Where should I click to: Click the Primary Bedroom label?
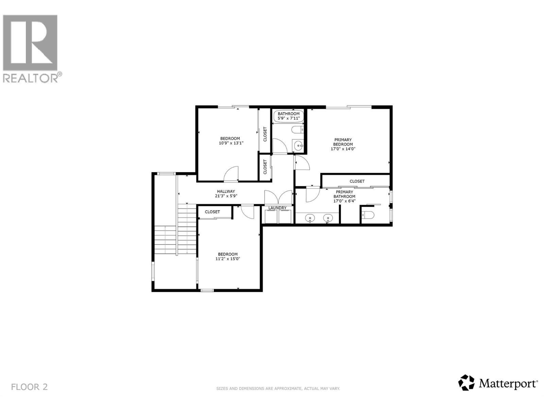pos(343,144)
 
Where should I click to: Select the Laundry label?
pos(277,208)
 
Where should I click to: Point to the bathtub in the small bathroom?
pos(288,116)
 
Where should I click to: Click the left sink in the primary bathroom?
pos(310,218)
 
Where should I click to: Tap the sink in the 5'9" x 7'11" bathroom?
pos(298,146)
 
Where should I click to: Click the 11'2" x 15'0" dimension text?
pos(228,259)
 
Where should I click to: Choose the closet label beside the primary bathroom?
pos(357,181)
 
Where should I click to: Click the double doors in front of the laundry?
pos(278,197)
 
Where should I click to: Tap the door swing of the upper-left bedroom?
pos(231,174)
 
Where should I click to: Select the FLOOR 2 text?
pos(29,387)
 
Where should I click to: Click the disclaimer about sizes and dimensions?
pos(278,388)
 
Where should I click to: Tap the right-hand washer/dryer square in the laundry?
pos(285,217)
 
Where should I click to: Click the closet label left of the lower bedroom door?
pos(212,212)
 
